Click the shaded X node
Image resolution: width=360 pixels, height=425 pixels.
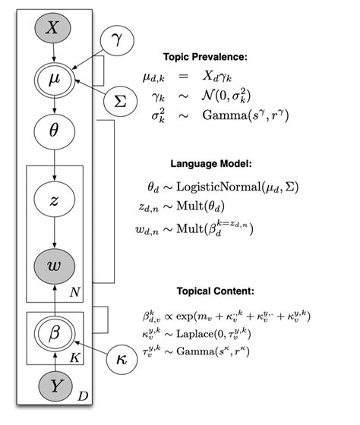[52, 29]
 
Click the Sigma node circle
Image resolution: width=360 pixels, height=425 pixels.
[119, 102]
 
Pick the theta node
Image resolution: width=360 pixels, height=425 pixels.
[52, 131]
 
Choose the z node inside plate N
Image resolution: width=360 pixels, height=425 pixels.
[52, 200]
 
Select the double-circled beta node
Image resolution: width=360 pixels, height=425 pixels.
[52, 332]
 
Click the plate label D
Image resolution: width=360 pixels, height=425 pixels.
[85, 396]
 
